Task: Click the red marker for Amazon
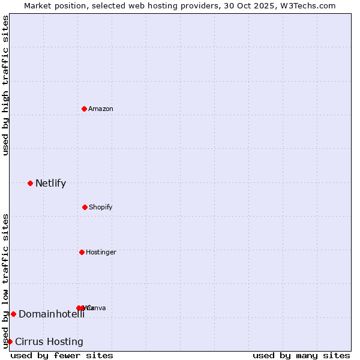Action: pyautogui.click(x=84, y=109)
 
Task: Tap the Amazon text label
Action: pyautogui.click(x=101, y=109)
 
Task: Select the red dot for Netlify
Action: pyautogui.click(x=30, y=183)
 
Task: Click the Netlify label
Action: pyautogui.click(x=50, y=184)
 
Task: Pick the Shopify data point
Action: pyautogui.click(x=85, y=207)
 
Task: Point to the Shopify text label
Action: pyautogui.click(x=101, y=208)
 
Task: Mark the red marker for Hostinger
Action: pyautogui.click(x=82, y=252)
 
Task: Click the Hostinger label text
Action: pyautogui.click(x=101, y=253)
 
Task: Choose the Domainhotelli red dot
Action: pyautogui.click(x=13, y=314)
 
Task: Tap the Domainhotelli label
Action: pyautogui.click(x=52, y=314)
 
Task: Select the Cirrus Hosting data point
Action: pyautogui.click(x=10, y=341)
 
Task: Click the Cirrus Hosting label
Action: pyautogui.click(x=49, y=342)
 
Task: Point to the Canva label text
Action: pyautogui.click(x=97, y=308)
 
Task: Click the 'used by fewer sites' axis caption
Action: pyautogui.click(x=62, y=355)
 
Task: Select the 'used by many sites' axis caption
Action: pyautogui.click(x=301, y=355)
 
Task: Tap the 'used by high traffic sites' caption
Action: pyautogui.click(x=6, y=85)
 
